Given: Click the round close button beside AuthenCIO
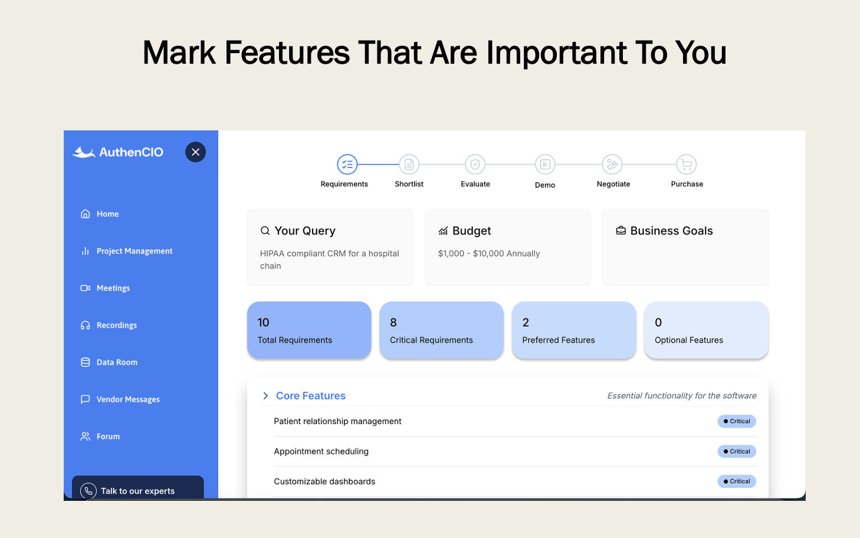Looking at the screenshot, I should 195,152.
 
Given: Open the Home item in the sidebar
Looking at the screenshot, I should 107,214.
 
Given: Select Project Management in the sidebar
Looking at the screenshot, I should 134,251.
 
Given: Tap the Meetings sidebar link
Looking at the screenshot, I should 113,288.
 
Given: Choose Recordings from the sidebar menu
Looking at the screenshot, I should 116,326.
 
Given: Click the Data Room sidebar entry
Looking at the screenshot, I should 117,363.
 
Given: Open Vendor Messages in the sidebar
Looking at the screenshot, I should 127,400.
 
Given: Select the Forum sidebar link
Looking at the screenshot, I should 108,437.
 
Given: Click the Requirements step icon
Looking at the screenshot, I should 347,165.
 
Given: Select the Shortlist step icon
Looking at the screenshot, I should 409,165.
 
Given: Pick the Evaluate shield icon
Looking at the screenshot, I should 475,165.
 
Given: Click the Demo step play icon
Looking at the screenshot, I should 545,165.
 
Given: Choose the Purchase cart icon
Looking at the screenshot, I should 686,165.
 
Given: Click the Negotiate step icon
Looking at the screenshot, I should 612,165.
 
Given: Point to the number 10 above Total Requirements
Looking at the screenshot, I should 263,323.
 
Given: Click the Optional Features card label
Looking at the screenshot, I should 688,340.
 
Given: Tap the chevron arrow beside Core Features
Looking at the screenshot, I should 265,396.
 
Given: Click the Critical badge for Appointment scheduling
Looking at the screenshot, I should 737,451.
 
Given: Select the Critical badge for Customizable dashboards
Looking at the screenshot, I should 737,481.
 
